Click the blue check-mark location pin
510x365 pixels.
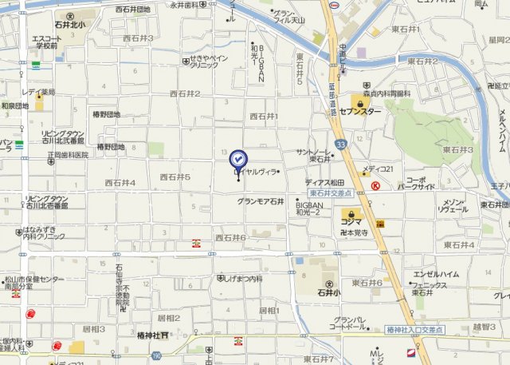coord(238,160)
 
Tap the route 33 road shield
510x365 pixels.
coord(341,145)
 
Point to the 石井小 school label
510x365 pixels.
coord(328,292)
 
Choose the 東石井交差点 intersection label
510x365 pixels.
coord(331,193)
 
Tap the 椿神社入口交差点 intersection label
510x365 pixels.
coord(414,330)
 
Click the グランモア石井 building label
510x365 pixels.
coord(261,201)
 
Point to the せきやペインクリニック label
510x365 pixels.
coord(209,61)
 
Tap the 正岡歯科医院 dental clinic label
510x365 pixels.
coord(67,155)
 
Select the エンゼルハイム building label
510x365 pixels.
coord(436,275)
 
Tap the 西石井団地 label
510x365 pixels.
coord(132,10)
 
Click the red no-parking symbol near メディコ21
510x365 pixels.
coord(375,185)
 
